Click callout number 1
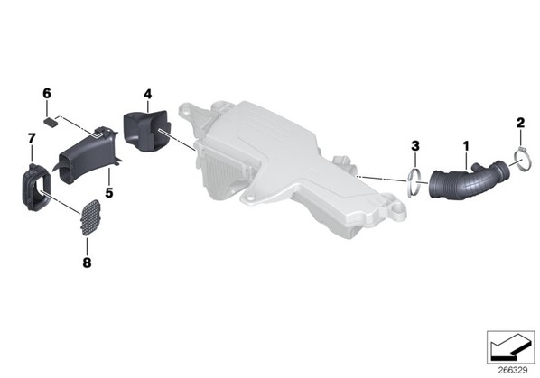(x=466, y=146)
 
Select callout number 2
(x=520, y=123)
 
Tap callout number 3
(x=415, y=146)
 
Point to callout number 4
(x=147, y=94)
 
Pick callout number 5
(x=109, y=193)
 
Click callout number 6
(x=47, y=93)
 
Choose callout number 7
(x=32, y=139)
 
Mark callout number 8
(x=87, y=263)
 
